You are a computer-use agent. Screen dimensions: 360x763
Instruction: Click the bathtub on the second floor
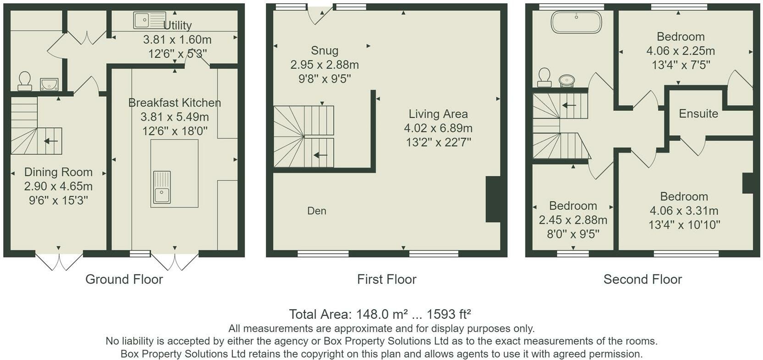click(576, 22)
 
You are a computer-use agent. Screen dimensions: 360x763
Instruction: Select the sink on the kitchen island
click(161, 188)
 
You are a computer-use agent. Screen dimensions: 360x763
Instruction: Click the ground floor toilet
click(24, 81)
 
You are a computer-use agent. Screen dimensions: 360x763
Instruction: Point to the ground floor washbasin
click(49, 84)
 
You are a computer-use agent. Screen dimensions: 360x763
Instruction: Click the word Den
click(317, 211)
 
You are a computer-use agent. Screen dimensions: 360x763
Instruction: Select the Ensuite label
click(698, 114)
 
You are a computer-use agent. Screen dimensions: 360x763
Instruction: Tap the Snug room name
click(324, 50)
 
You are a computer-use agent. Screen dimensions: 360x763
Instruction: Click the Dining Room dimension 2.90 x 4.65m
click(58, 186)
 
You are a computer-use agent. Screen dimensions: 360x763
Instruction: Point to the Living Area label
click(438, 114)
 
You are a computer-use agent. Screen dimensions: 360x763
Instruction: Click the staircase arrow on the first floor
click(320, 155)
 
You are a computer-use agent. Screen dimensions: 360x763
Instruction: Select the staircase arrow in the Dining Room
click(51, 141)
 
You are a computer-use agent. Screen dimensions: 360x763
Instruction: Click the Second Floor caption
click(642, 279)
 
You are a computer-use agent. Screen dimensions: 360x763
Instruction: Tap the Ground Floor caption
click(124, 279)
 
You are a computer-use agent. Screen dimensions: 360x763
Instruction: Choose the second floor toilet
click(544, 77)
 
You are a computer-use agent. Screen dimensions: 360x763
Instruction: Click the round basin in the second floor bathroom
click(567, 81)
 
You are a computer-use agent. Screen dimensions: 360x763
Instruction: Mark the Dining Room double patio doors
click(59, 260)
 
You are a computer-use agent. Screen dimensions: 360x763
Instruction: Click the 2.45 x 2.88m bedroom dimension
click(573, 220)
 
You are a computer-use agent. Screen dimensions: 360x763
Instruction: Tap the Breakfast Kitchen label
click(175, 103)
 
